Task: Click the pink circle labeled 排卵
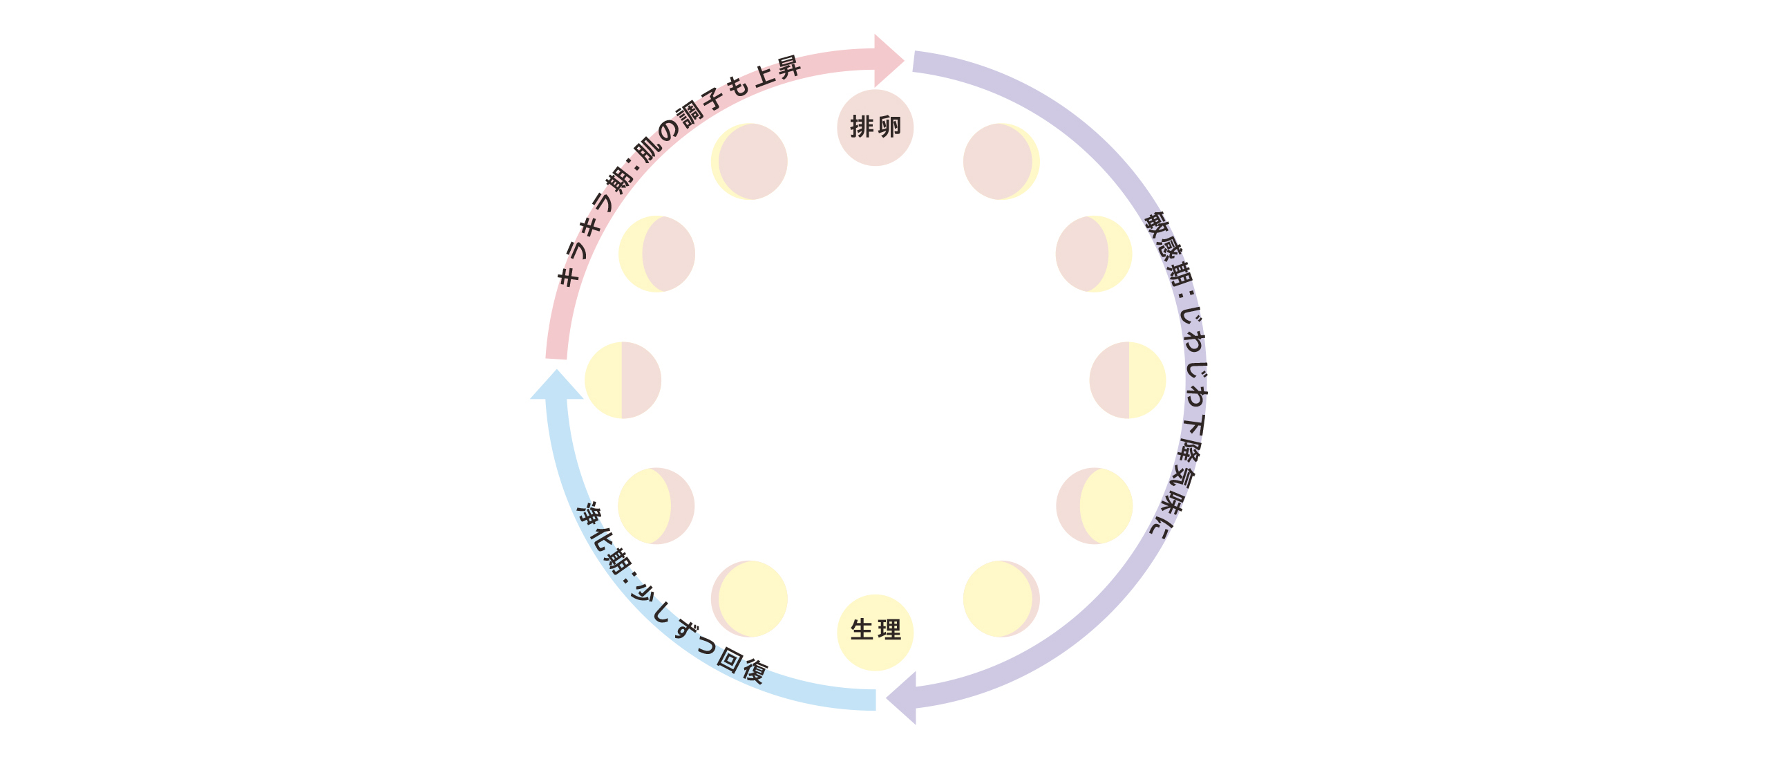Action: (875, 128)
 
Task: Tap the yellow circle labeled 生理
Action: (875, 633)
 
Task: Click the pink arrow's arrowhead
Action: (889, 61)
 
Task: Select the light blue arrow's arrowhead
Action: (556, 384)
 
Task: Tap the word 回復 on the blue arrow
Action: (742, 665)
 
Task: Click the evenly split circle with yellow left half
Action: (623, 380)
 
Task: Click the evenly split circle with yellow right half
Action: (1128, 380)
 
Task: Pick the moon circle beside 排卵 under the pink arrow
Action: (749, 162)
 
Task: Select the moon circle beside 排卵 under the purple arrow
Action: (1001, 162)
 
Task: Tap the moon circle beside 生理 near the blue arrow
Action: (749, 599)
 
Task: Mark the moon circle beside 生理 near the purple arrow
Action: (1001, 599)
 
